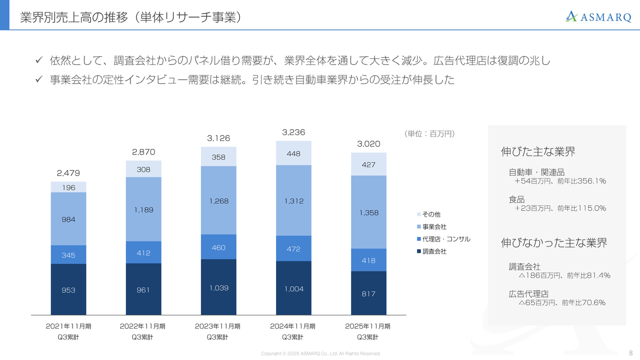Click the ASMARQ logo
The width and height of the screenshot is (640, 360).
(x=598, y=16)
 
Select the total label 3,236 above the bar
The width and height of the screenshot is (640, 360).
(x=293, y=132)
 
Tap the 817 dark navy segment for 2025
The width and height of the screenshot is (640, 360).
(x=368, y=293)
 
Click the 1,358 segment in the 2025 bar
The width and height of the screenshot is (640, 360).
(x=368, y=212)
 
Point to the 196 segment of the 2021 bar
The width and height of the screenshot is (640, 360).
(x=68, y=187)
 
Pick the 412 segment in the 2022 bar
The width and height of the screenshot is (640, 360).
(x=143, y=253)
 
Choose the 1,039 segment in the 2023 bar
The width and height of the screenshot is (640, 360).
(x=218, y=287)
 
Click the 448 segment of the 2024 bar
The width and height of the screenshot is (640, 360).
(x=293, y=153)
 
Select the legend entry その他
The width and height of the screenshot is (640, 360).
(x=431, y=214)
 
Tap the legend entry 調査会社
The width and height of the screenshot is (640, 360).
(x=434, y=251)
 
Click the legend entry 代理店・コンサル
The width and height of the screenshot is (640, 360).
(x=446, y=239)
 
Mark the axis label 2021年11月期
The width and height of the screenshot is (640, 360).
(x=68, y=326)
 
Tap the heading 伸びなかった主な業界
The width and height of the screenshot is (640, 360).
(x=554, y=243)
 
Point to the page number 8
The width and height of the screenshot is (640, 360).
(x=630, y=352)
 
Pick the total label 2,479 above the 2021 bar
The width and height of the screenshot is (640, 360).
(x=68, y=173)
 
